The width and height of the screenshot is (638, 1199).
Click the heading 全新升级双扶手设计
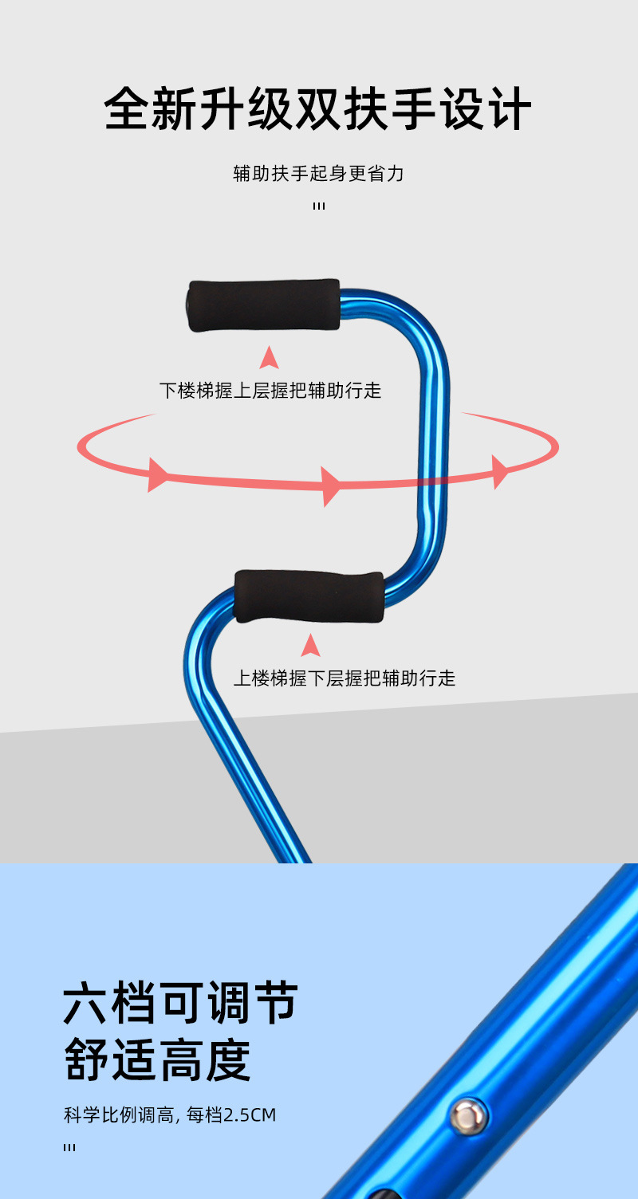point(318,109)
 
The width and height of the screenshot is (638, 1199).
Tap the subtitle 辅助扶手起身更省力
point(318,173)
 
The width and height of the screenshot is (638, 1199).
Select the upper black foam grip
point(264,305)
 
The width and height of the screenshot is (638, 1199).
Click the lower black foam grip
point(309,596)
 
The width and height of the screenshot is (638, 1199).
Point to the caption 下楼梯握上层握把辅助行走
point(270,391)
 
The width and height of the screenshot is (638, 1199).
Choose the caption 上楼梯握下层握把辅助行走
point(344,678)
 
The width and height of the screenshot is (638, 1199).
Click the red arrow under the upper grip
point(270,357)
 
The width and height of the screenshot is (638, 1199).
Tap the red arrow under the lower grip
point(310,644)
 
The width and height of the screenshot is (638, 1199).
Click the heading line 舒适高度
point(158,1059)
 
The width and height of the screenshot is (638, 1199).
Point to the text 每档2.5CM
point(230,1115)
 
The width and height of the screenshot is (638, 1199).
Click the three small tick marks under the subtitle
point(319,206)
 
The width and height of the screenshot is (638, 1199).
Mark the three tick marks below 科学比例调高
point(69,1148)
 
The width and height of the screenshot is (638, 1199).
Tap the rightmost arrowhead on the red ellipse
point(500,471)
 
